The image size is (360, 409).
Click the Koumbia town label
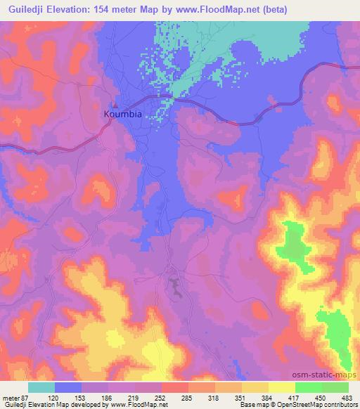point(123,112)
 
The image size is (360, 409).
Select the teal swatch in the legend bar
point(42,387)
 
